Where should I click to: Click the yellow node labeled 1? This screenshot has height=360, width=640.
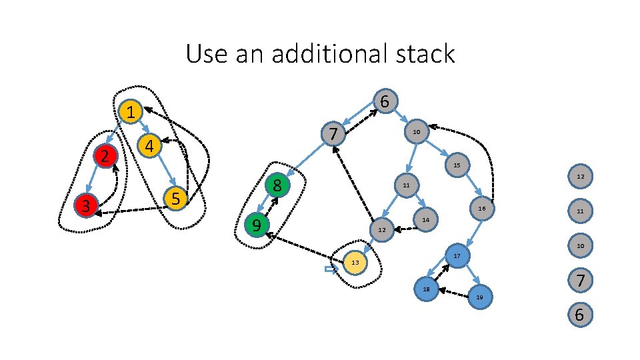(132, 111)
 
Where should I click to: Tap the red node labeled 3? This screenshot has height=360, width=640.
(86, 205)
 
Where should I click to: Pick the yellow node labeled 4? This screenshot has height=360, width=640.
(150, 145)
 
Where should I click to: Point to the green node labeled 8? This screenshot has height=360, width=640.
(277, 185)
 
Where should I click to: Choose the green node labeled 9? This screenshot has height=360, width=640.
(255, 226)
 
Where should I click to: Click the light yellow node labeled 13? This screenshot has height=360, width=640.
(355, 263)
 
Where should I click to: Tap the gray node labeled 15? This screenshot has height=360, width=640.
(457, 165)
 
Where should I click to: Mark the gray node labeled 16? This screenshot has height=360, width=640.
(482, 209)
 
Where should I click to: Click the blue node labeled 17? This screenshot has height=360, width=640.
(457, 256)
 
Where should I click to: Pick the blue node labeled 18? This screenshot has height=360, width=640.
(426, 289)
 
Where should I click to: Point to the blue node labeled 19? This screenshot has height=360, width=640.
(479, 297)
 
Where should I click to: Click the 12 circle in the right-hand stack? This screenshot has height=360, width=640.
(579, 176)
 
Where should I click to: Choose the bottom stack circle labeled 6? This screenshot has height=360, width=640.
(579, 315)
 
